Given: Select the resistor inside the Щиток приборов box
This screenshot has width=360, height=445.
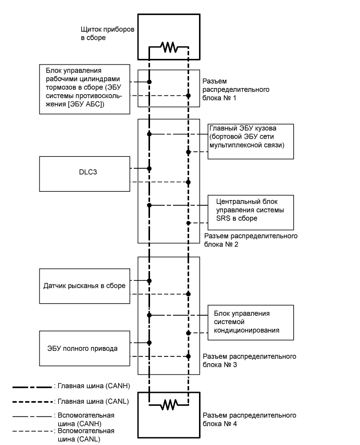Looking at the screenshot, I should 169,48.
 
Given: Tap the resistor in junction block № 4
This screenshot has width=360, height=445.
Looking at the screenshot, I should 169,404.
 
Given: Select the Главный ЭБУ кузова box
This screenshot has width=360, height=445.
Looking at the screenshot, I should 251,141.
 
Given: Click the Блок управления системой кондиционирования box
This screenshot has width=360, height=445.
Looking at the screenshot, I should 251,322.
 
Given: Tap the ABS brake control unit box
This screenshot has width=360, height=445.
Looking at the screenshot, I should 84,89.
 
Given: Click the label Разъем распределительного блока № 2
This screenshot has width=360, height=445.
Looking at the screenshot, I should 251,240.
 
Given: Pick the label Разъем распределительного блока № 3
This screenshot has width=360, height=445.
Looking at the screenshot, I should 251,360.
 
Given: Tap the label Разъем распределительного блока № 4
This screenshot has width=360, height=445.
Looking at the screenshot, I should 251,419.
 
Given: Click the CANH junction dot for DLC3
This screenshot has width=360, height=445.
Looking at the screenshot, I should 150,168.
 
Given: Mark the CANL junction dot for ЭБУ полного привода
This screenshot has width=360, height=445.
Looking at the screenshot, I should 188,356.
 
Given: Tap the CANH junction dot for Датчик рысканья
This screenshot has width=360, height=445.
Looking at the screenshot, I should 150,281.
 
